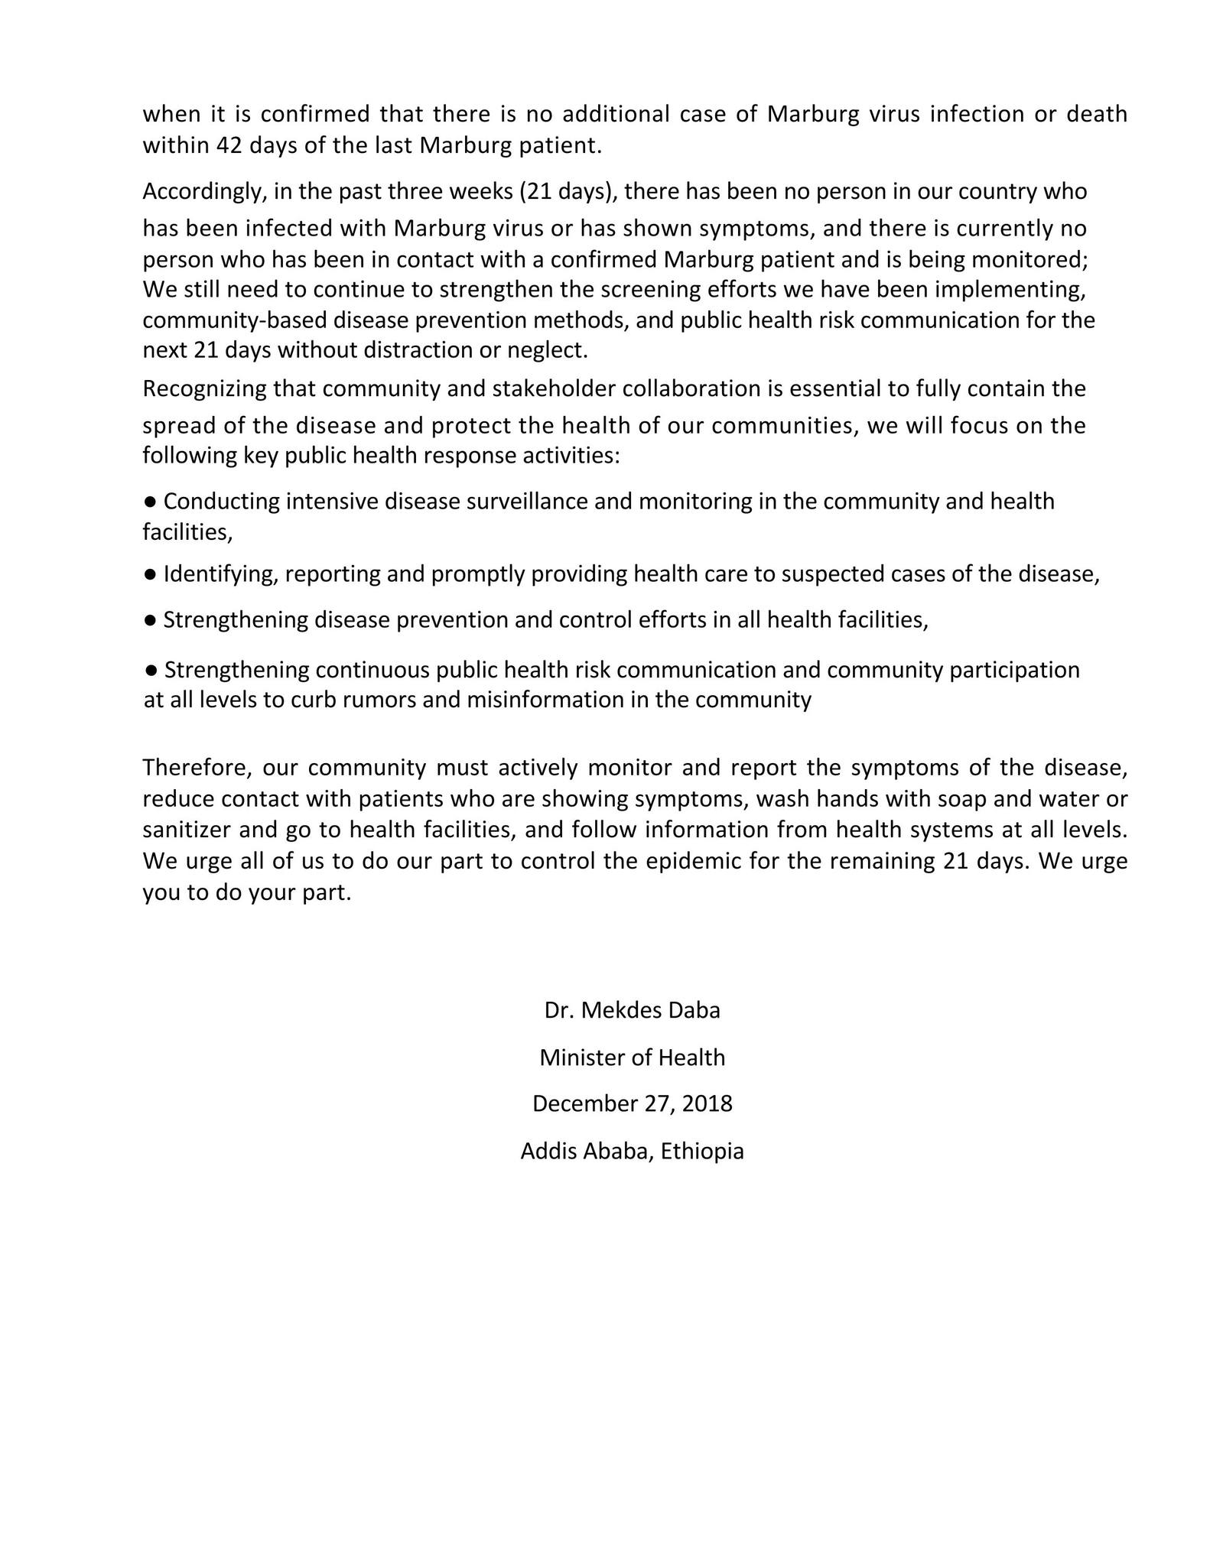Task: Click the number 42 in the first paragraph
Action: (x=229, y=145)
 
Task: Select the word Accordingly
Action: (x=203, y=191)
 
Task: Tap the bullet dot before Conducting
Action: (x=151, y=502)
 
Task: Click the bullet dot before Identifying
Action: (x=151, y=573)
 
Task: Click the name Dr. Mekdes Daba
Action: (x=632, y=1010)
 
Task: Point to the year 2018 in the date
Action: (x=707, y=1103)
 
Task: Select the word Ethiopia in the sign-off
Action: (x=702, y=1151)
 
